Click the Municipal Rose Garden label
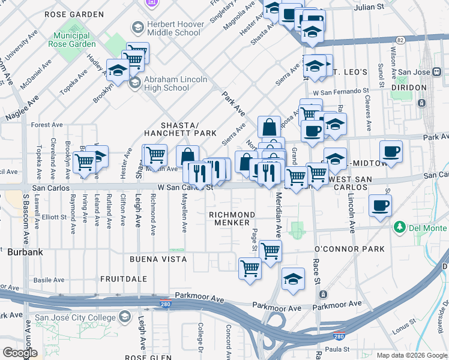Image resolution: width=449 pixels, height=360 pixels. click(73, 40)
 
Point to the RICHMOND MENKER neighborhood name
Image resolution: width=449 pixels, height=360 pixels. click(232, 218)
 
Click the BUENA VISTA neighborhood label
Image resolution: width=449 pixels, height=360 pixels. click(159, 259)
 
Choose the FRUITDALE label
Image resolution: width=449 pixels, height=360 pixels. click(124, 279)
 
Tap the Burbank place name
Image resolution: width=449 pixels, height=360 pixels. click(25, 253)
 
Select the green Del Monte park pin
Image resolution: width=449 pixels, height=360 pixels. click(400, 227)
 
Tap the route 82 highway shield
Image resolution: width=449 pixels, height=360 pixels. click(400, 39)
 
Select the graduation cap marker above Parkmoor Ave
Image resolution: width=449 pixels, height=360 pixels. click(293, 280)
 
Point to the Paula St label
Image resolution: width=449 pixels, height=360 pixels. click(337, 349)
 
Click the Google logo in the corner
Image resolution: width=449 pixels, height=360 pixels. click(20, 353)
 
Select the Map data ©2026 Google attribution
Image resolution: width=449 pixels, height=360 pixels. click(411, 355)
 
